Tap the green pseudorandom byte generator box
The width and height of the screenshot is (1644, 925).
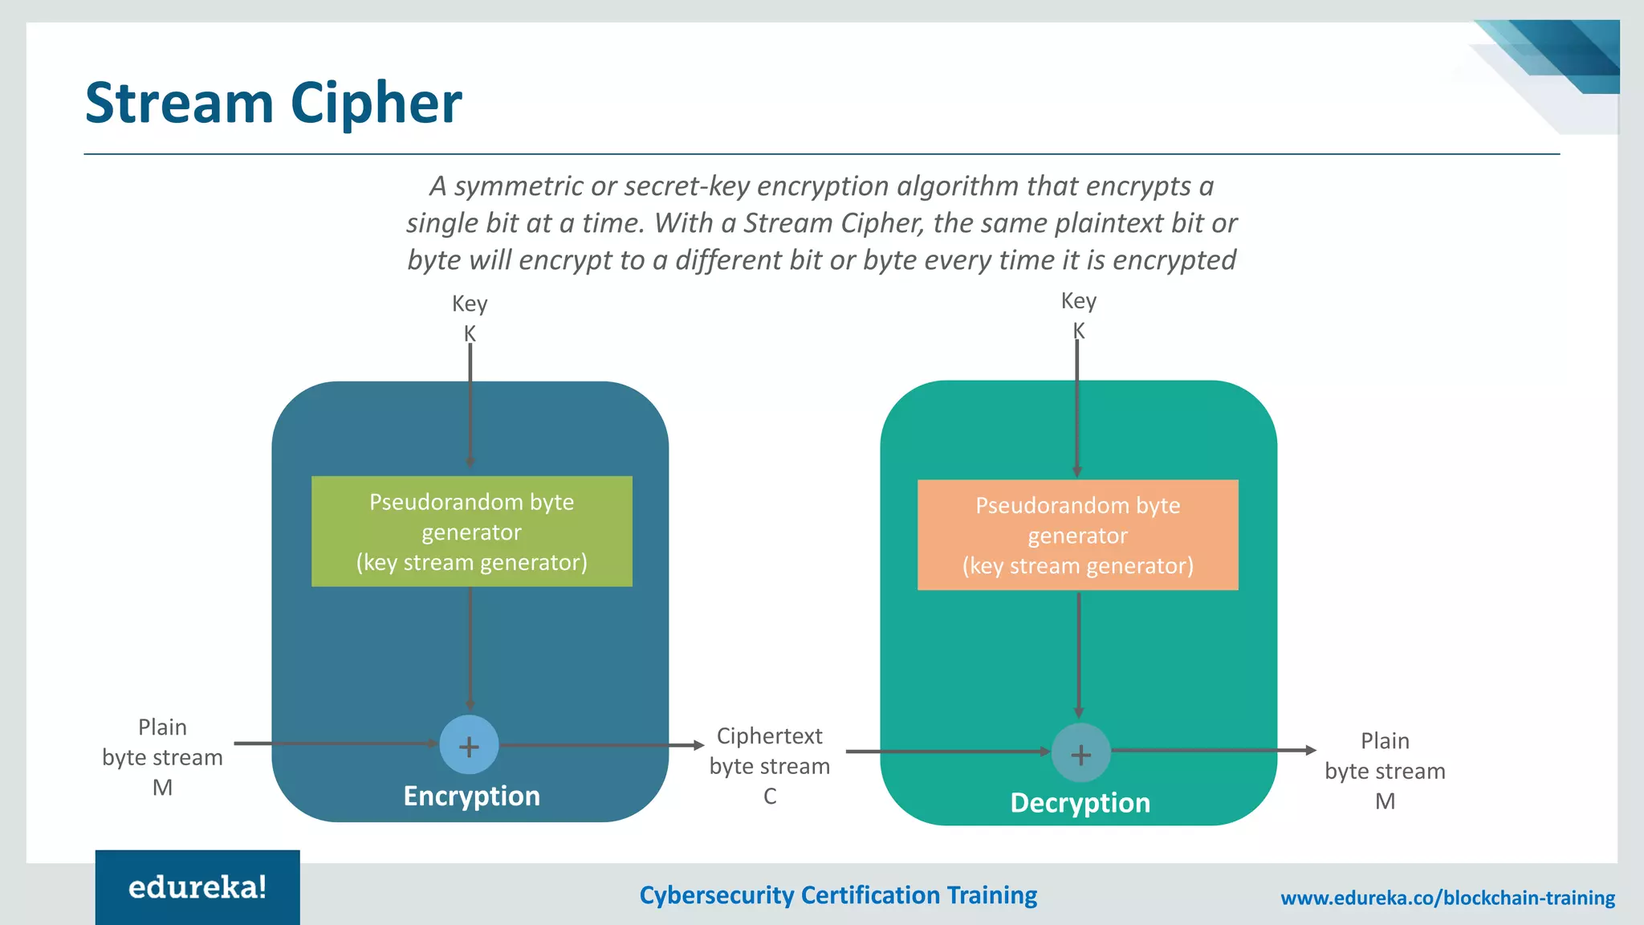point(471,532)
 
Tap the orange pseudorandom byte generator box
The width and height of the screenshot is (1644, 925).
point(1077,536)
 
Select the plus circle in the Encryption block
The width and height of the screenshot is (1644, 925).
point(469,746)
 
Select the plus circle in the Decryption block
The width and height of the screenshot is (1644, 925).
point(1080,754)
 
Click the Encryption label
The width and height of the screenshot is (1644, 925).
point(471,796)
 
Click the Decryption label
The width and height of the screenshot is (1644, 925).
point(1080,803)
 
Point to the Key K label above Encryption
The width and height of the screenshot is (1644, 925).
point(470,318)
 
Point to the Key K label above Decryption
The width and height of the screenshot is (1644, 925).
point(1078,315)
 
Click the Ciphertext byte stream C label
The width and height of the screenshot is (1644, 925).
point(769,766)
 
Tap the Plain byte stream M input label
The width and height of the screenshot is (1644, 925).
point(162,757)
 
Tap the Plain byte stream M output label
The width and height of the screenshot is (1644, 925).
point(1385,771)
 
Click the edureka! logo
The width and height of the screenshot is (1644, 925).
point(197,887)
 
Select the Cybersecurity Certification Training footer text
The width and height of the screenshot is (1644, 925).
point(837,895)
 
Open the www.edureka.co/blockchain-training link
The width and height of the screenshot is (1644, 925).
point(1447,898)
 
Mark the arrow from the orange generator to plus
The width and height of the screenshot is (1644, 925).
point(1078,654)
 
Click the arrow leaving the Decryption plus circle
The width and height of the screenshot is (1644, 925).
point(1212,750)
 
